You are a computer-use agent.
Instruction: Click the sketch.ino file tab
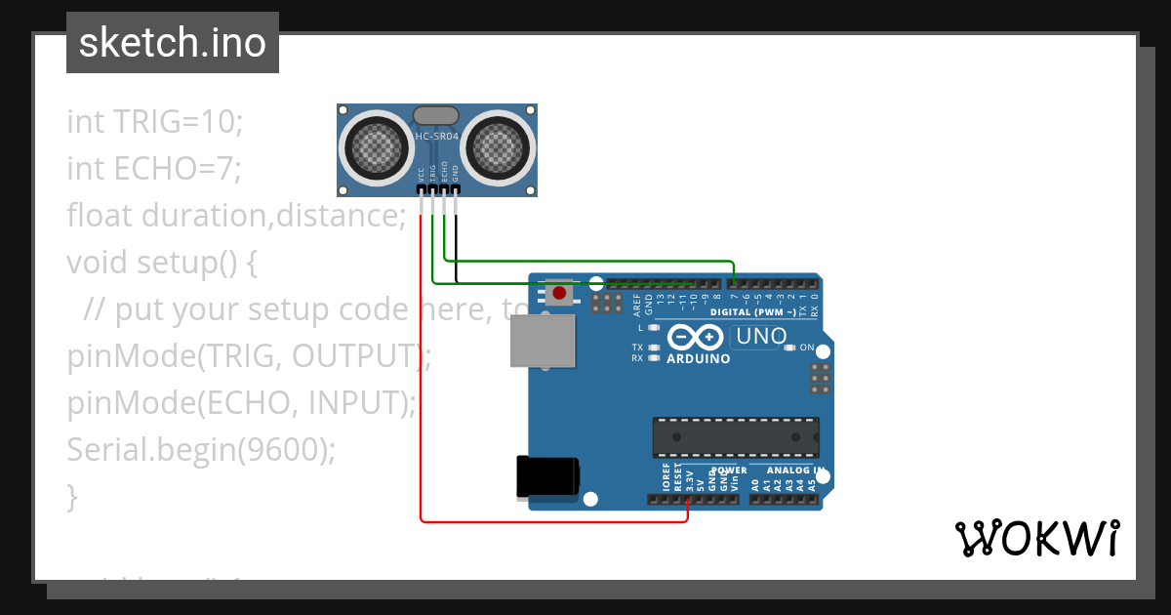[173, 43]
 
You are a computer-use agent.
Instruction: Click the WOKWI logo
[1036, 538]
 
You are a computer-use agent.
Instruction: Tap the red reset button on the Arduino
[559, 293]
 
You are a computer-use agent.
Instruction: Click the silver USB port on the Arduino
[543, 342]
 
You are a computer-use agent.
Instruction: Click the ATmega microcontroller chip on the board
[735, 436]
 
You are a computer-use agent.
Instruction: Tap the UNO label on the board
[760, 337]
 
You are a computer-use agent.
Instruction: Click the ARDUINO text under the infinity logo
[698, 358]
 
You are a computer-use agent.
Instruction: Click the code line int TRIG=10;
[154, 122]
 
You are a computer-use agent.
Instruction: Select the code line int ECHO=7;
[153, 169]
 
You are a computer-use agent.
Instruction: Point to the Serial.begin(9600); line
[200, 450]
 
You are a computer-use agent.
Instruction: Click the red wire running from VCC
[422, 390]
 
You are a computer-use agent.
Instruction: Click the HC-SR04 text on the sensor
[436, 138]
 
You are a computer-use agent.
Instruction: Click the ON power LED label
[806, 348]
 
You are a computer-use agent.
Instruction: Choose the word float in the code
[101, 216]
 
